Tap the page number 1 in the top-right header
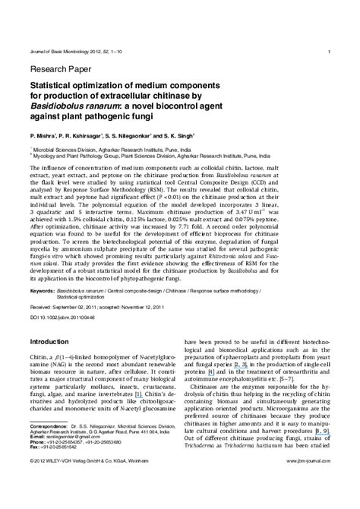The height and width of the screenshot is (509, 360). [x=328, y=52]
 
